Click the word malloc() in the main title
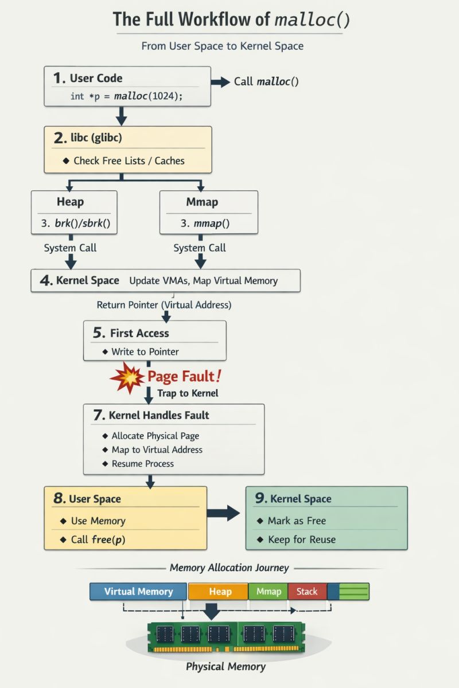tap(312, 19)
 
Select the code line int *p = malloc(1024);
tap(126, 96)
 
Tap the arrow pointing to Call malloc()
tap(220, 82)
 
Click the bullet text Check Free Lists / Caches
tap(129, 161)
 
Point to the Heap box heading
tap(70, 202)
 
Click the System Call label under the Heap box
tap(70, 248)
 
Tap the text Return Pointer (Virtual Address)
tap(164, 304)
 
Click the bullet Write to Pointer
tap(145, 351)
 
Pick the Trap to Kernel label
tap(188, 393)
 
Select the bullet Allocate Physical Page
tap(155, 436)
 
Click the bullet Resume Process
tap(142, 463)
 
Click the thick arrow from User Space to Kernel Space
tap(223, 513)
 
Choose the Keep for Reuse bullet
tap(301, 540)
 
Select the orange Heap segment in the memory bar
tap(220, 592)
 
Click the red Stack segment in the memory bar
tap(306, 592)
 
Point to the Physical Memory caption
tap(225, 667)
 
